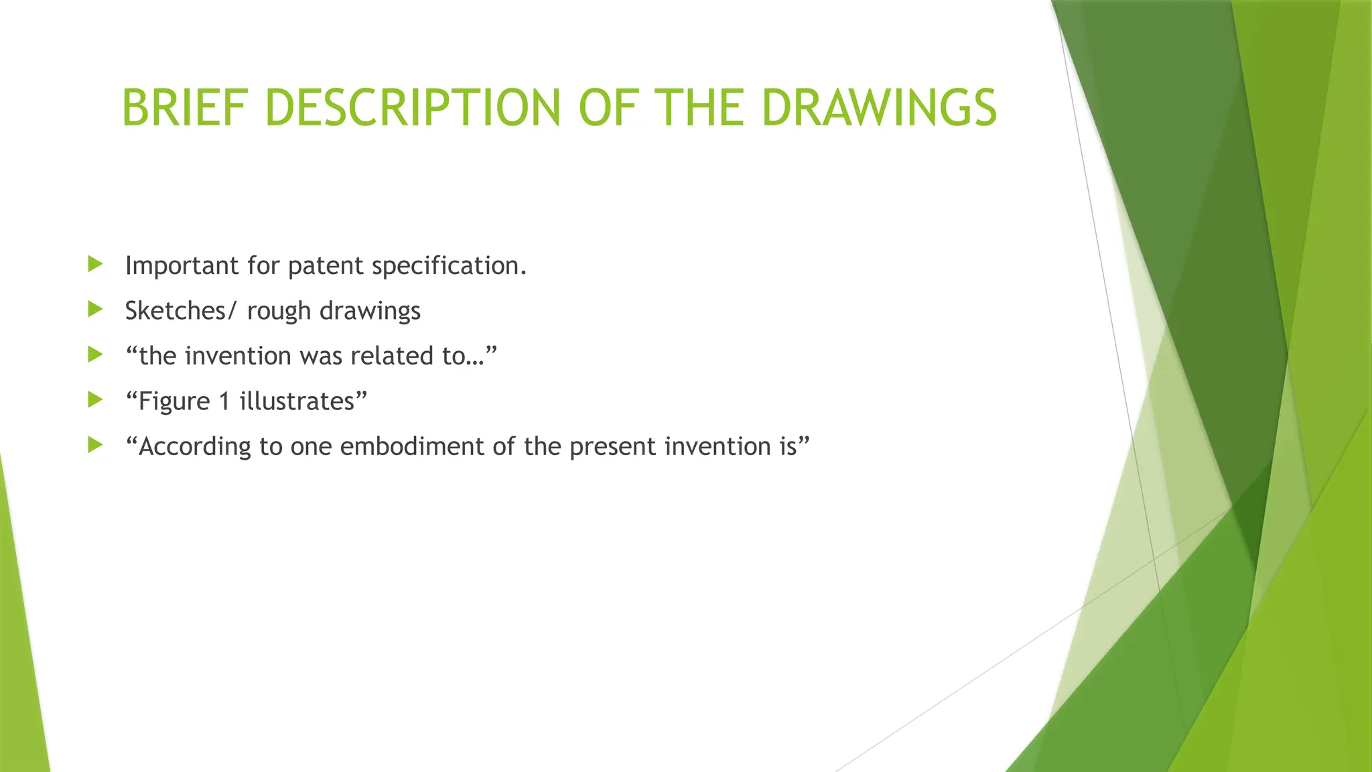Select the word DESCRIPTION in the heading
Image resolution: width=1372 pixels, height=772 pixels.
point(413,108)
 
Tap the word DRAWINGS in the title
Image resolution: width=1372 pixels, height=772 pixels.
point(879,108)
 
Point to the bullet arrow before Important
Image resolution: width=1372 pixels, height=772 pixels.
point(95,264)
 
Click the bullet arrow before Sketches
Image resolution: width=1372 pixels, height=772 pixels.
point(95,309)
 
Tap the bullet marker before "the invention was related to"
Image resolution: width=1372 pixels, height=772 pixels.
point(95,355)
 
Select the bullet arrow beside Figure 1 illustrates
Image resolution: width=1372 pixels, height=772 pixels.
point(95,400)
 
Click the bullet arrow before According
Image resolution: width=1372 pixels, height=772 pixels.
point(95,445)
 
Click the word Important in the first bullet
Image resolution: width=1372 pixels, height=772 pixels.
point(182,266)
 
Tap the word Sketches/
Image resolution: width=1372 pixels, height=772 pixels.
point(181,311)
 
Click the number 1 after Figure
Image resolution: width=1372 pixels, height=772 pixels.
point(224,401)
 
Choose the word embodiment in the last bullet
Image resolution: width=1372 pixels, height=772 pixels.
point(412,446)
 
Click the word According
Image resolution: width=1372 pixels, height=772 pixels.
point(194,447)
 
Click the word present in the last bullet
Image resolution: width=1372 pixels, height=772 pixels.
point(613,447)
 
